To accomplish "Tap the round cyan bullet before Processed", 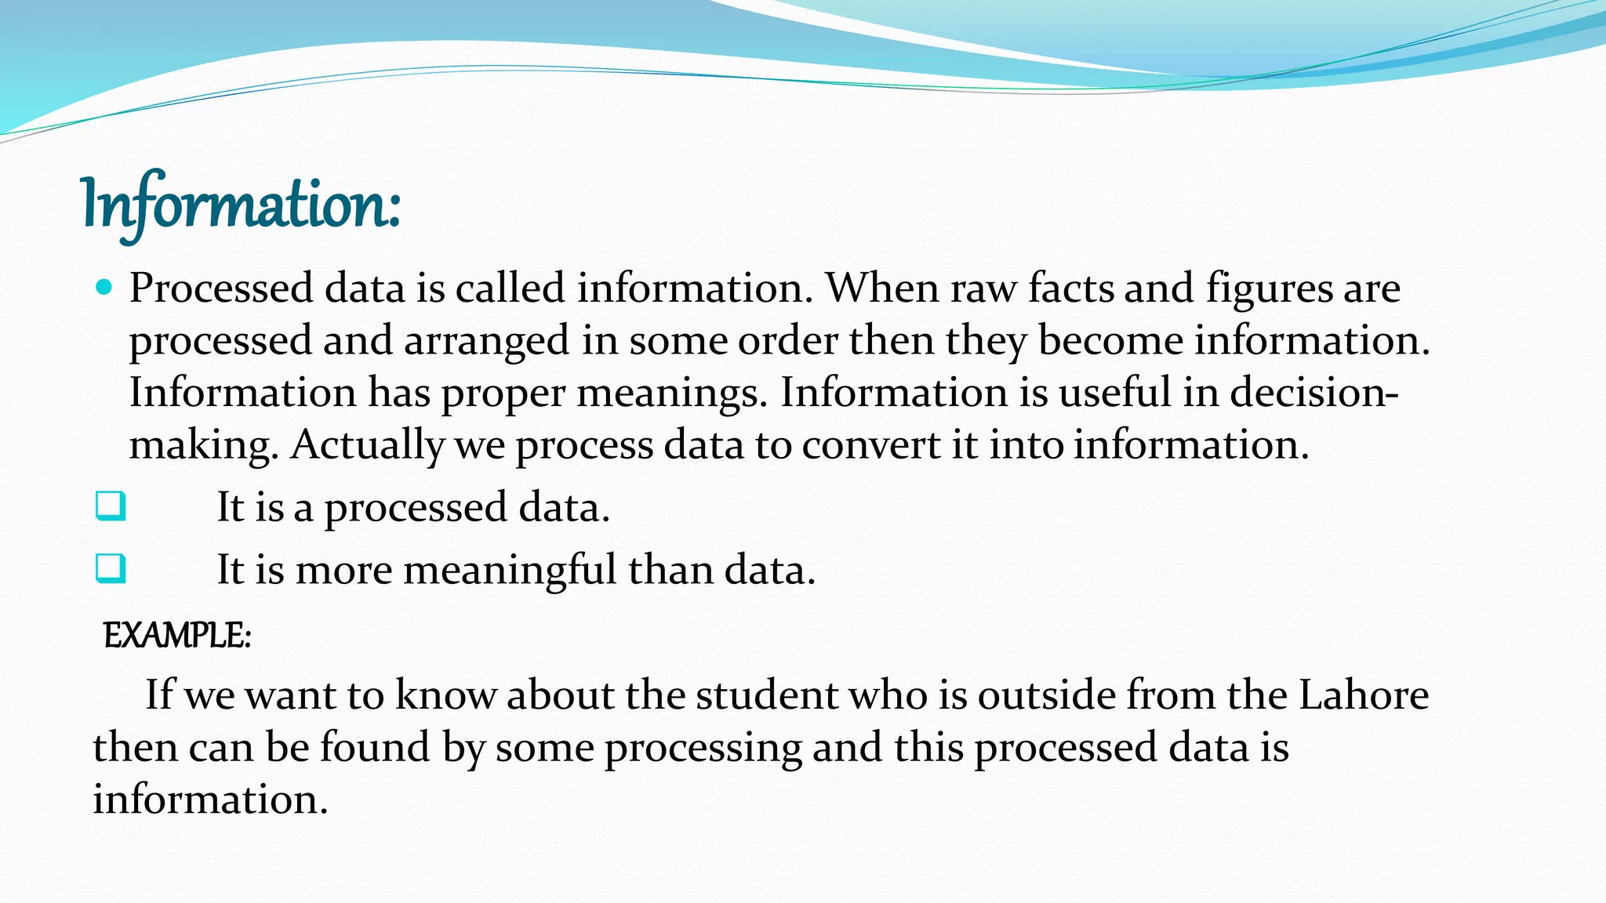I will pos(104,288).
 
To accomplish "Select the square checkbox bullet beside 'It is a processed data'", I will pos(110,506).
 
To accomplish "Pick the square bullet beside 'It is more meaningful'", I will pos(110,568).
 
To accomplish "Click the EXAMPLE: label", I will pos(177,635).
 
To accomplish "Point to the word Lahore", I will pos(1364,695).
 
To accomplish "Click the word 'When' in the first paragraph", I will pos(881,288).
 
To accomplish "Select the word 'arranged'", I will pos(486,341).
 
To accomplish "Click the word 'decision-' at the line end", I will pos(1314,392).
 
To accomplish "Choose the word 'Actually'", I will pos(367,445).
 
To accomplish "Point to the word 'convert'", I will pos(870,445).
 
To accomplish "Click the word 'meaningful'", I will pos(510,570).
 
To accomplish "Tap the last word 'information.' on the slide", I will pos(210,800).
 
